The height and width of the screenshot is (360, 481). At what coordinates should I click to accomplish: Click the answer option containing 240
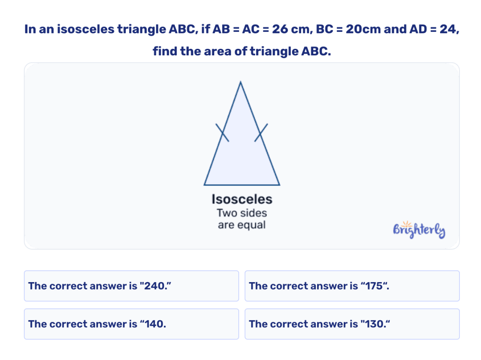(x=131, y=286)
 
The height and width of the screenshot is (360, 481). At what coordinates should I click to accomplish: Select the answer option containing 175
(x=352, y=286)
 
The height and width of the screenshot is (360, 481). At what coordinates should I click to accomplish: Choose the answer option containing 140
(x=131, y=324)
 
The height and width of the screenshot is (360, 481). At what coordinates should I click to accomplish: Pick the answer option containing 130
(x=352, y=324)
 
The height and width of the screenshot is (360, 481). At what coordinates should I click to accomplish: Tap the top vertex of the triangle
(x=240, y=83)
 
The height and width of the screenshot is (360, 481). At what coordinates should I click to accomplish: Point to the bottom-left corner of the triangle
(x=204, y=184)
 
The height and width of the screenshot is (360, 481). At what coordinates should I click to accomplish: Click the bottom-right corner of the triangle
(x=279, y=184)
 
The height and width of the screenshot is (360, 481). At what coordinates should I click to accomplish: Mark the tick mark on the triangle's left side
(x=222, y=133)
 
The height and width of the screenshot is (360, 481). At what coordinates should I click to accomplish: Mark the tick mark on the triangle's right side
(x=261, y=132)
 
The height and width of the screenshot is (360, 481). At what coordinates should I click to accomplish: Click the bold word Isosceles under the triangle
(x=242, y=199)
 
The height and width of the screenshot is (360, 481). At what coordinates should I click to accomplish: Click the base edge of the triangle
(x=242, y=184)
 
